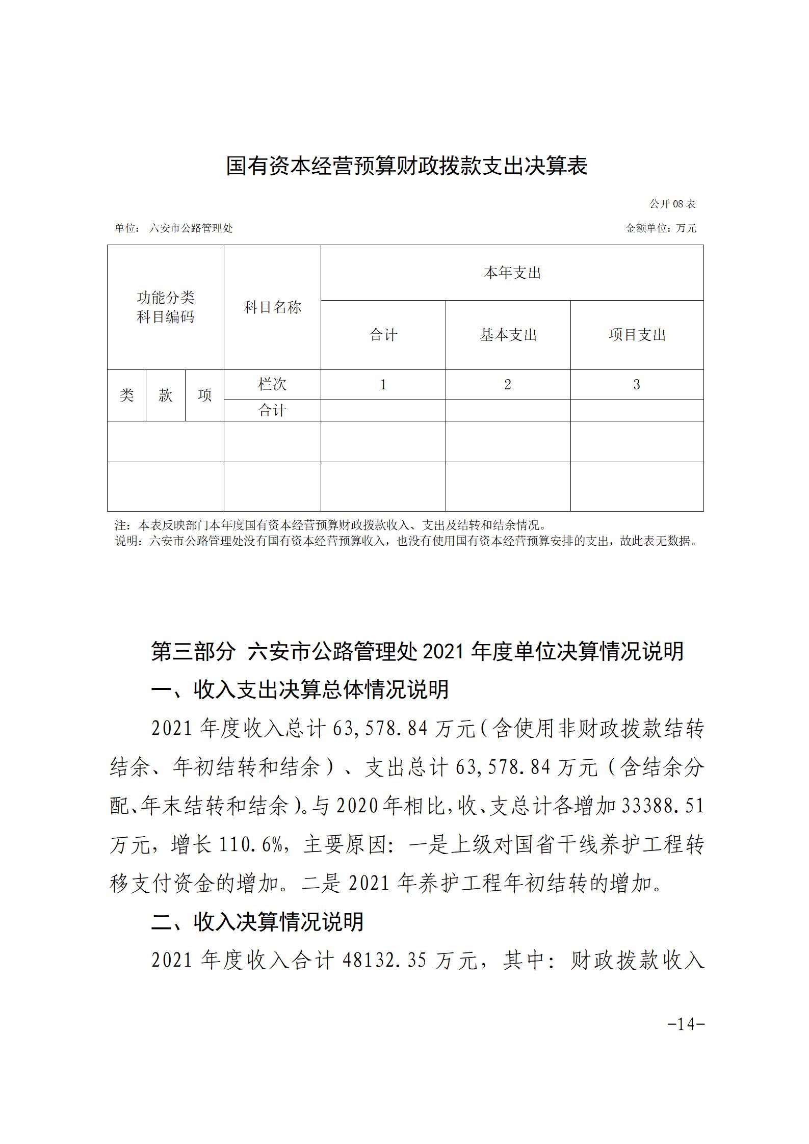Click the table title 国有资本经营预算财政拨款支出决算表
tap(406, 167)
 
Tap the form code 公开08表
tap(672, 204)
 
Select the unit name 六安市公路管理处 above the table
tap(191, 228)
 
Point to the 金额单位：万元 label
tap(661, 228)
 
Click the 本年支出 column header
tap(512, 273)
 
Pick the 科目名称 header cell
tap(272, 307)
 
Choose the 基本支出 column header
tap(508, 335)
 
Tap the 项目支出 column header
tap(637, 335)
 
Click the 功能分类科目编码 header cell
tap(165, 307)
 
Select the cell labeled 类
tap(126, 395)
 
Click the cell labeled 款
tap(165, 395)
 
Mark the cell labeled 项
tap(204, 395)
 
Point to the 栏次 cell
tap(272, 384)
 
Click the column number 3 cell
tap(636, 384)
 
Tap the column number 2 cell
tap(507, 384)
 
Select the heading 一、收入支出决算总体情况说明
tap(300, 690)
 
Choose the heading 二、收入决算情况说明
tap(257, 922)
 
